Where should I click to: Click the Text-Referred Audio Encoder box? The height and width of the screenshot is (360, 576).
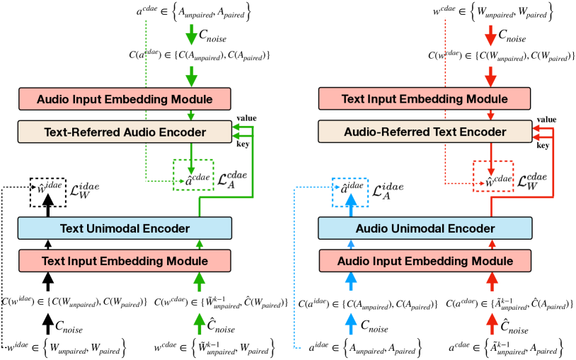(125, 131)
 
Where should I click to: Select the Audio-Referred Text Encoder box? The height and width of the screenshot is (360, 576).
(425, 131)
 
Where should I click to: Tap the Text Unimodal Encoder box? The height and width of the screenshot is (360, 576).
(125, 228)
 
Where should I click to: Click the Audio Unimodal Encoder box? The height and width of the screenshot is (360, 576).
(425, 228)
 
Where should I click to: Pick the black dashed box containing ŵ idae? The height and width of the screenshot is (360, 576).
(48, 190)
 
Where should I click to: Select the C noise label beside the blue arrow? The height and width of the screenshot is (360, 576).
(375, 325)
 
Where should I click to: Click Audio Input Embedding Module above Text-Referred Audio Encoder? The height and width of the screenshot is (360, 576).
(125, 98)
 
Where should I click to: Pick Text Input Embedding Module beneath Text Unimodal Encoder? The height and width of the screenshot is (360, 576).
(125, 260)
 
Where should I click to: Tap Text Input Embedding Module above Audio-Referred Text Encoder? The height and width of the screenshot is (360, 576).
(425, 98)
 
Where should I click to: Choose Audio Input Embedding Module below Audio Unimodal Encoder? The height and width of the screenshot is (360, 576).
(425, 260)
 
